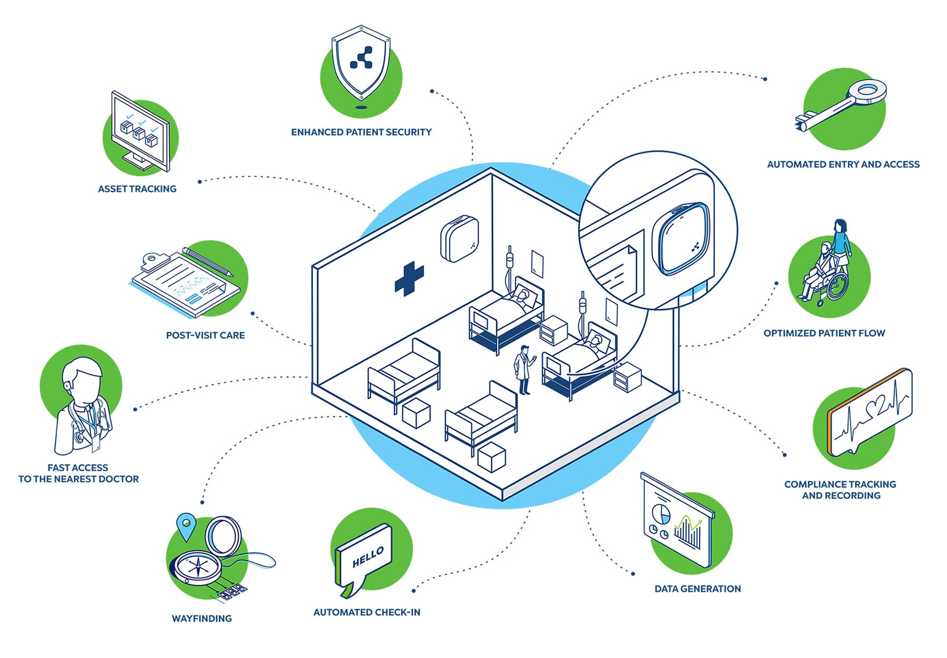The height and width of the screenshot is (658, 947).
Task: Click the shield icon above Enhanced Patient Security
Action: pyautogui.click(x=361, y=62)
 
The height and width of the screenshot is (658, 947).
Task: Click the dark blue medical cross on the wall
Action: pyautogui.click(x=409, y=278)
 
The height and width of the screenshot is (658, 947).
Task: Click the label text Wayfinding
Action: pyautogui.click(x=202, y=619)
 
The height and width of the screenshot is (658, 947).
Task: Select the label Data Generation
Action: pyautogui.click(x=697, y=589)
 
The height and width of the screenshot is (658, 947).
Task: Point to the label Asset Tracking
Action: pyautogui.click(x=137, y=189)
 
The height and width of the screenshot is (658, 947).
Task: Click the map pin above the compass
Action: pyautogui.click(x=186, y=525)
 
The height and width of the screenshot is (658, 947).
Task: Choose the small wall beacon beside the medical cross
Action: pyautogui.click(x=459, y=239)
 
